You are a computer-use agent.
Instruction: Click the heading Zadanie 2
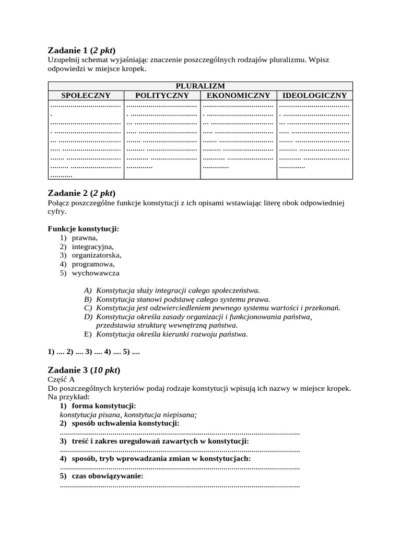pyautogui.click(x=81, y=193)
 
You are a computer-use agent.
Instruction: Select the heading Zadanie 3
pyautogui.click(x=84, y=370)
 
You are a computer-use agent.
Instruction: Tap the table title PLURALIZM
pyautogui.click(x=200, y=86)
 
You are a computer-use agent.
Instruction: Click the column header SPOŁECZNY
pyautogui.click(x=86, y=95)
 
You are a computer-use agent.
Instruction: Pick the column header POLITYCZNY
pyautogui.click(x=162, y=95)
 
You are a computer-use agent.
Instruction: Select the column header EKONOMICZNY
pyautogui.click(x=238, y=95)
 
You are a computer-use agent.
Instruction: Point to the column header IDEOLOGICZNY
pyautogui.click(x=314, y=95)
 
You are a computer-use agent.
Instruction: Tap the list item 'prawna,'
pyautogui.click(x=85, y=238)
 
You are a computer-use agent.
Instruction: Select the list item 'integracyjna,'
pyautogui.click(x=92, y=247)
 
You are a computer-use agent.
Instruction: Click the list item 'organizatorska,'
pyautogui.click(x=96, y=255)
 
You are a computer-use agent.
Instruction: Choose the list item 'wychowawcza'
pyautogui.click(x=96, y=273)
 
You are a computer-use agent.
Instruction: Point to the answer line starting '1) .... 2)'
pyautogui.click(x=94, y=352)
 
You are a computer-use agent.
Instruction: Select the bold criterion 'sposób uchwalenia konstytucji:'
pyautogui.click(x=125, y=423)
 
